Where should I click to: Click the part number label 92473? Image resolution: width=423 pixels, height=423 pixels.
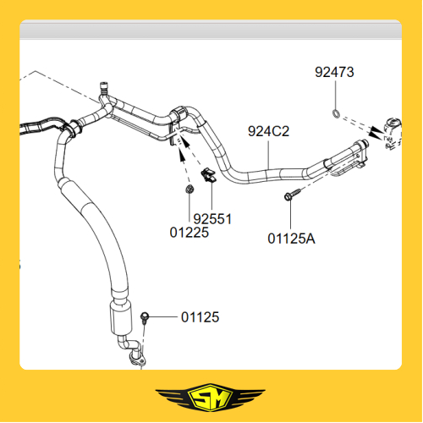click(x=334, y=72)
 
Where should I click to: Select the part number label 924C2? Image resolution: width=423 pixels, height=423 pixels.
click(x=268, y=131)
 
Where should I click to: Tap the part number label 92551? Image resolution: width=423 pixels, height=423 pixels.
click(x=212, y=219)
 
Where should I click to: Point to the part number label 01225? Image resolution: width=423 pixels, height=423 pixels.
click(x=190, y=233)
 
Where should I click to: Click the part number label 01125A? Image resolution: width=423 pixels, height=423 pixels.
click(x=291, y=239)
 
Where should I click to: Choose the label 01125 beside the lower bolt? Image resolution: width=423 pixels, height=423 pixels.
click(x=201, y=317)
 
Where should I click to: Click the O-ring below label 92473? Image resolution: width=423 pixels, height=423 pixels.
click(x=336, y=113)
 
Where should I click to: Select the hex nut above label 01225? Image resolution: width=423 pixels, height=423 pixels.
click(x=190, y=189)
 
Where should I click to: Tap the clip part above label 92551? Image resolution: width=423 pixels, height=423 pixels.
click(x=208, y=175)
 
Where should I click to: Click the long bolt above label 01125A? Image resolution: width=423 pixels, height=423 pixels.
click(x=293, y=195)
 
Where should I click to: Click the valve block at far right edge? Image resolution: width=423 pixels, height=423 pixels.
click(x=393, y=134)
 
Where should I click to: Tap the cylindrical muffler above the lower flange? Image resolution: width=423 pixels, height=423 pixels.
click(x=121, y=319)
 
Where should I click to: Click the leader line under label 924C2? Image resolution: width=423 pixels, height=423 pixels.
click(x=268, y=155)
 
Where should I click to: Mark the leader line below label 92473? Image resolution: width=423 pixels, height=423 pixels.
click(x=336, y=95)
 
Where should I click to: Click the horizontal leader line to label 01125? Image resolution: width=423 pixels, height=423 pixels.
click(x=163, y=317)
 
